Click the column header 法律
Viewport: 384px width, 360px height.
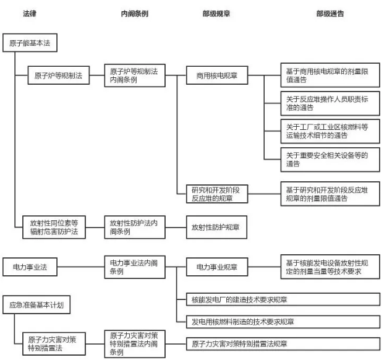tap(30, 13)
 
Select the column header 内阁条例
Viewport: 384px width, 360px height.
tap(134, 13)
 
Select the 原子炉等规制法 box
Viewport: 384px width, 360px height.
tap(58, 77)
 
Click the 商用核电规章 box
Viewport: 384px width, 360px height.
tap(217, 77)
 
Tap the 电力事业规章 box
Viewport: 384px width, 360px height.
tap(217, 267)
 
